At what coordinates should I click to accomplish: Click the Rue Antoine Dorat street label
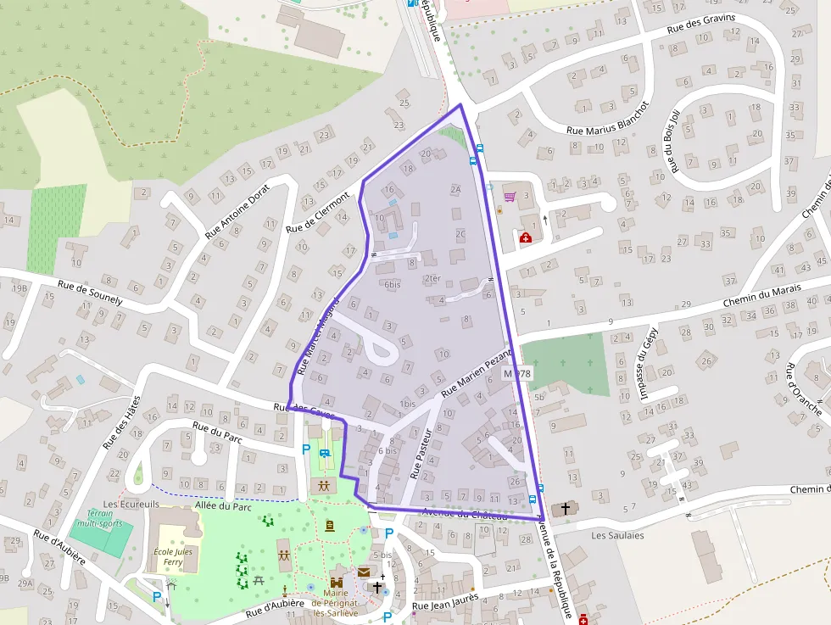click(x=237, y=211)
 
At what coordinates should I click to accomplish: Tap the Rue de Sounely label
click(x=90, y=293)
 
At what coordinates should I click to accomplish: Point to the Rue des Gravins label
click(x=701, y=24)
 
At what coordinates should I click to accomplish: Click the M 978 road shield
click(x=516, y=373)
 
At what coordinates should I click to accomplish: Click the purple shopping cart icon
click(x=510, y=197)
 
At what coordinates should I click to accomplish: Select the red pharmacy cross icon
click(x=526, y=237)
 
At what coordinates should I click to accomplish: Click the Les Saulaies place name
click(x=617, y=535)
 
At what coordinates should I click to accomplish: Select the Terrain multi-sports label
click(x=100, y=519)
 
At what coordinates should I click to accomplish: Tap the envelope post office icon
click(x=364, y=572)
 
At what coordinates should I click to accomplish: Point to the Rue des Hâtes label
click(x=121, y=424)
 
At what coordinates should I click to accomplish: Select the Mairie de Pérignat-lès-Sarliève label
click(x=337, y=603)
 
